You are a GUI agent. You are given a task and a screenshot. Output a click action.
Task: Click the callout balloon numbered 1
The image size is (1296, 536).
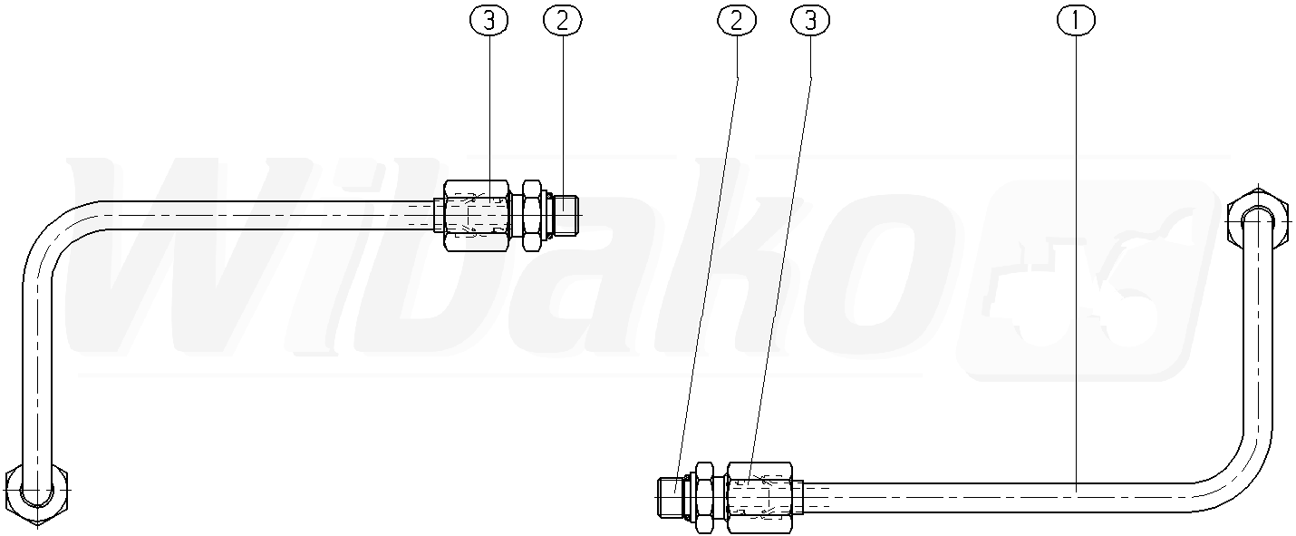tap(1076, 20)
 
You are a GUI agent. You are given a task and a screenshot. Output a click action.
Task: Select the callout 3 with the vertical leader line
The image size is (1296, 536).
tap(488, 20)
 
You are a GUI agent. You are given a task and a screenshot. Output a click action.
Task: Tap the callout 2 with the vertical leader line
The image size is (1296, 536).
tap(563, 20)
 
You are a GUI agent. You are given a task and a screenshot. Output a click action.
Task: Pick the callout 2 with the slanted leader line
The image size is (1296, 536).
tap(737, 20)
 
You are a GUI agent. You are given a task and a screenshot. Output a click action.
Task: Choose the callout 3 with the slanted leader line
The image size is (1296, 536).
tap(810, 20)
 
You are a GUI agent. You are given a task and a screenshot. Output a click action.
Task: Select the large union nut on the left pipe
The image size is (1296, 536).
tap(477, 215)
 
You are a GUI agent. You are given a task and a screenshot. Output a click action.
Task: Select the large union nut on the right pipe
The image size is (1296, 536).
tap(759, 497)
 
